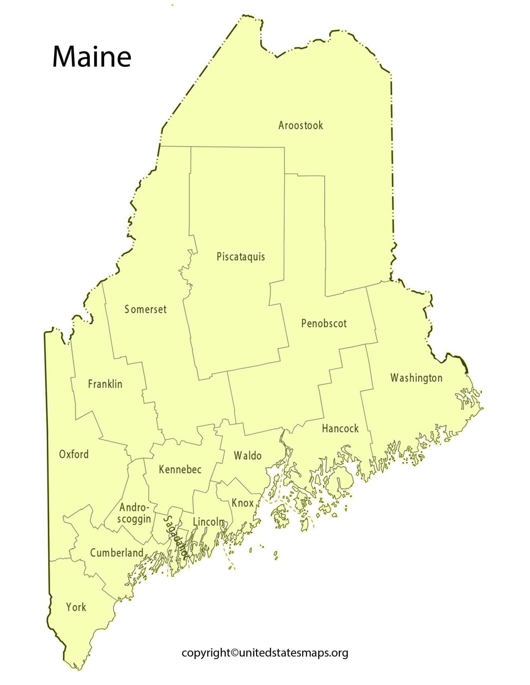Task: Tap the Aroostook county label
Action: coord(300,126)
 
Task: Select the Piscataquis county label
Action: coord(240,257)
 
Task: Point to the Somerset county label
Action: coord(145,309)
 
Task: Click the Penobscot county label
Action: coord(324,323)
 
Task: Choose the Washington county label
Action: coord(416,378)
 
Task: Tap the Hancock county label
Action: coord(340,428)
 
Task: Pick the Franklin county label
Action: coord(105,384)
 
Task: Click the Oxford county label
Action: coord(74,454)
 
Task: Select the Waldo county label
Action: coord(247,456)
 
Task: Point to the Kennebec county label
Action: coord(180,470)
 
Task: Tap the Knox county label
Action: coord(242,503)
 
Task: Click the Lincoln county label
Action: coord(208,521)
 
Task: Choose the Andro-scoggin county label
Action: coord(134,513)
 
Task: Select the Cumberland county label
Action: coord(117,553)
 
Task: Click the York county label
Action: coord(76,607)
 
